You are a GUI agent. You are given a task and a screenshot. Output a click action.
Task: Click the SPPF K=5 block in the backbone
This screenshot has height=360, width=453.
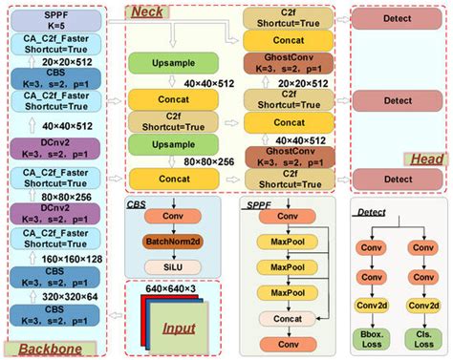click(x=61, y=19)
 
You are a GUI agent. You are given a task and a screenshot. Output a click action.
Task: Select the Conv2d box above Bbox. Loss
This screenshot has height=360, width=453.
click(x=374, y=305)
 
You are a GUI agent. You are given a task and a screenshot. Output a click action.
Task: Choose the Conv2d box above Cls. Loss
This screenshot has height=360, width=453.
click(x=421, y=305)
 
